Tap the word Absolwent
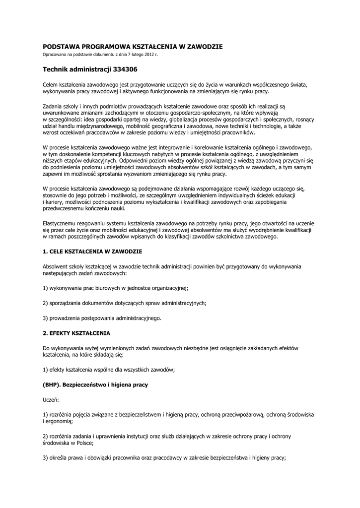(x=56, y=267)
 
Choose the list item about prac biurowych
(x=115, y=288)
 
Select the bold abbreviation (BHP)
(x=52, y=384)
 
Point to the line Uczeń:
(x=51, y=399)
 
